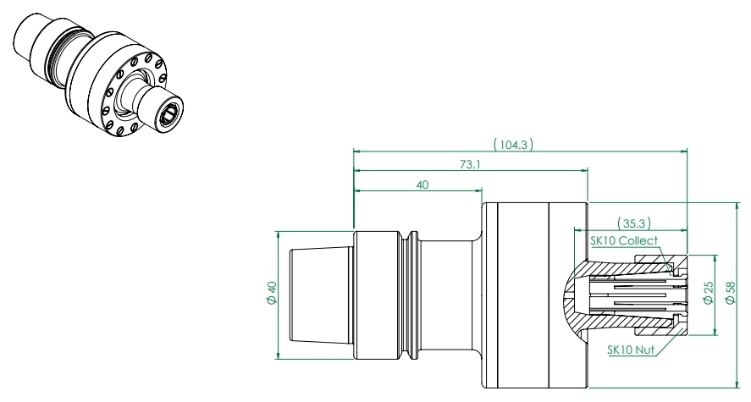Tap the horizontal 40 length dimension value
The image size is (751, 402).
(x=421, y=185)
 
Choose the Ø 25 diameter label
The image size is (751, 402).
(x=709, y=293)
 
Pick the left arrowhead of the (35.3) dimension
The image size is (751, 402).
(x=577, y=229)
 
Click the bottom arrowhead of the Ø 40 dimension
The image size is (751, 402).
(x=279, y=355)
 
